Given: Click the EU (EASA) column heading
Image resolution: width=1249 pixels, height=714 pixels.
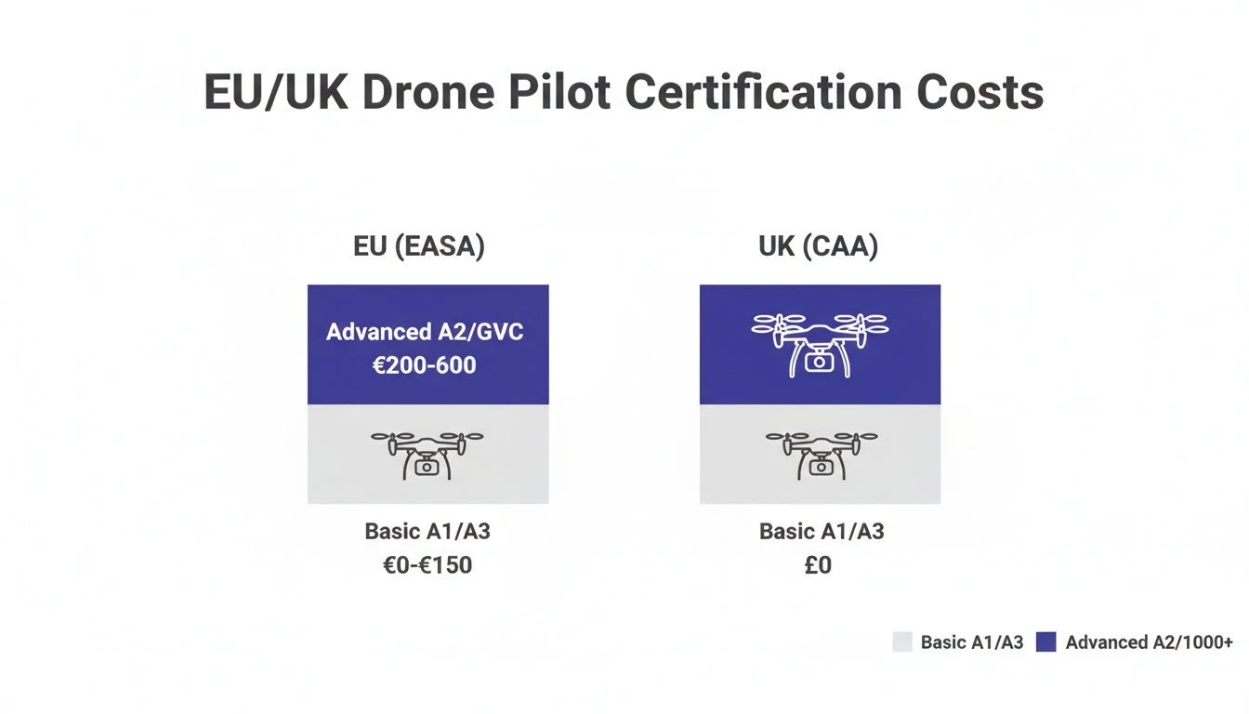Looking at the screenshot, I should coord(419,247).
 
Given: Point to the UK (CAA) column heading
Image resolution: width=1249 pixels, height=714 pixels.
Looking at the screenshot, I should coord(819,247).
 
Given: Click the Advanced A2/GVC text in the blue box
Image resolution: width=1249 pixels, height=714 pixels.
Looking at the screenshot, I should coord(425,332).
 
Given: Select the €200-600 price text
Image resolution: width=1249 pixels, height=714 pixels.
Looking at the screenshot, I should coord(425,364).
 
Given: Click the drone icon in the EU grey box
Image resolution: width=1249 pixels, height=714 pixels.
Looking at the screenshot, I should coord(427,454).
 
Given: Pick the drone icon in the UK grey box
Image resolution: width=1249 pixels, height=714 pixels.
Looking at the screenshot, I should coord(821,454).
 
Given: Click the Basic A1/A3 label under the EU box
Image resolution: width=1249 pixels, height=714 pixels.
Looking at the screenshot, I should coord(427,532).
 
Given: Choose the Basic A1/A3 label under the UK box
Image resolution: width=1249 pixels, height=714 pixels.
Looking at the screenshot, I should coord(822,532).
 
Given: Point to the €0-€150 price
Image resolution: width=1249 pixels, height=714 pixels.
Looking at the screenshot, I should coord(427,564).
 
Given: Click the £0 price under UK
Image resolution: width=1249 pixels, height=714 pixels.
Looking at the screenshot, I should coord(818,564).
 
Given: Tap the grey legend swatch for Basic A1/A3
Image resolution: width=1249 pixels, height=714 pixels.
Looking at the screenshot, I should coord(902,641).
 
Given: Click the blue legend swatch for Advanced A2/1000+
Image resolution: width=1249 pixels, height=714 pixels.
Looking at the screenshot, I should coord(1046,641).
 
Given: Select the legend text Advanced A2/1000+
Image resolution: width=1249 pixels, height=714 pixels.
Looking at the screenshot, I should coord(1149,641).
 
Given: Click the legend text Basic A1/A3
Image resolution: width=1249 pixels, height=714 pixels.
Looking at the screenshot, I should coord(971,641).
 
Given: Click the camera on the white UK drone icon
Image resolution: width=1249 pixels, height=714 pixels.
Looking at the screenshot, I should coord(819,363).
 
